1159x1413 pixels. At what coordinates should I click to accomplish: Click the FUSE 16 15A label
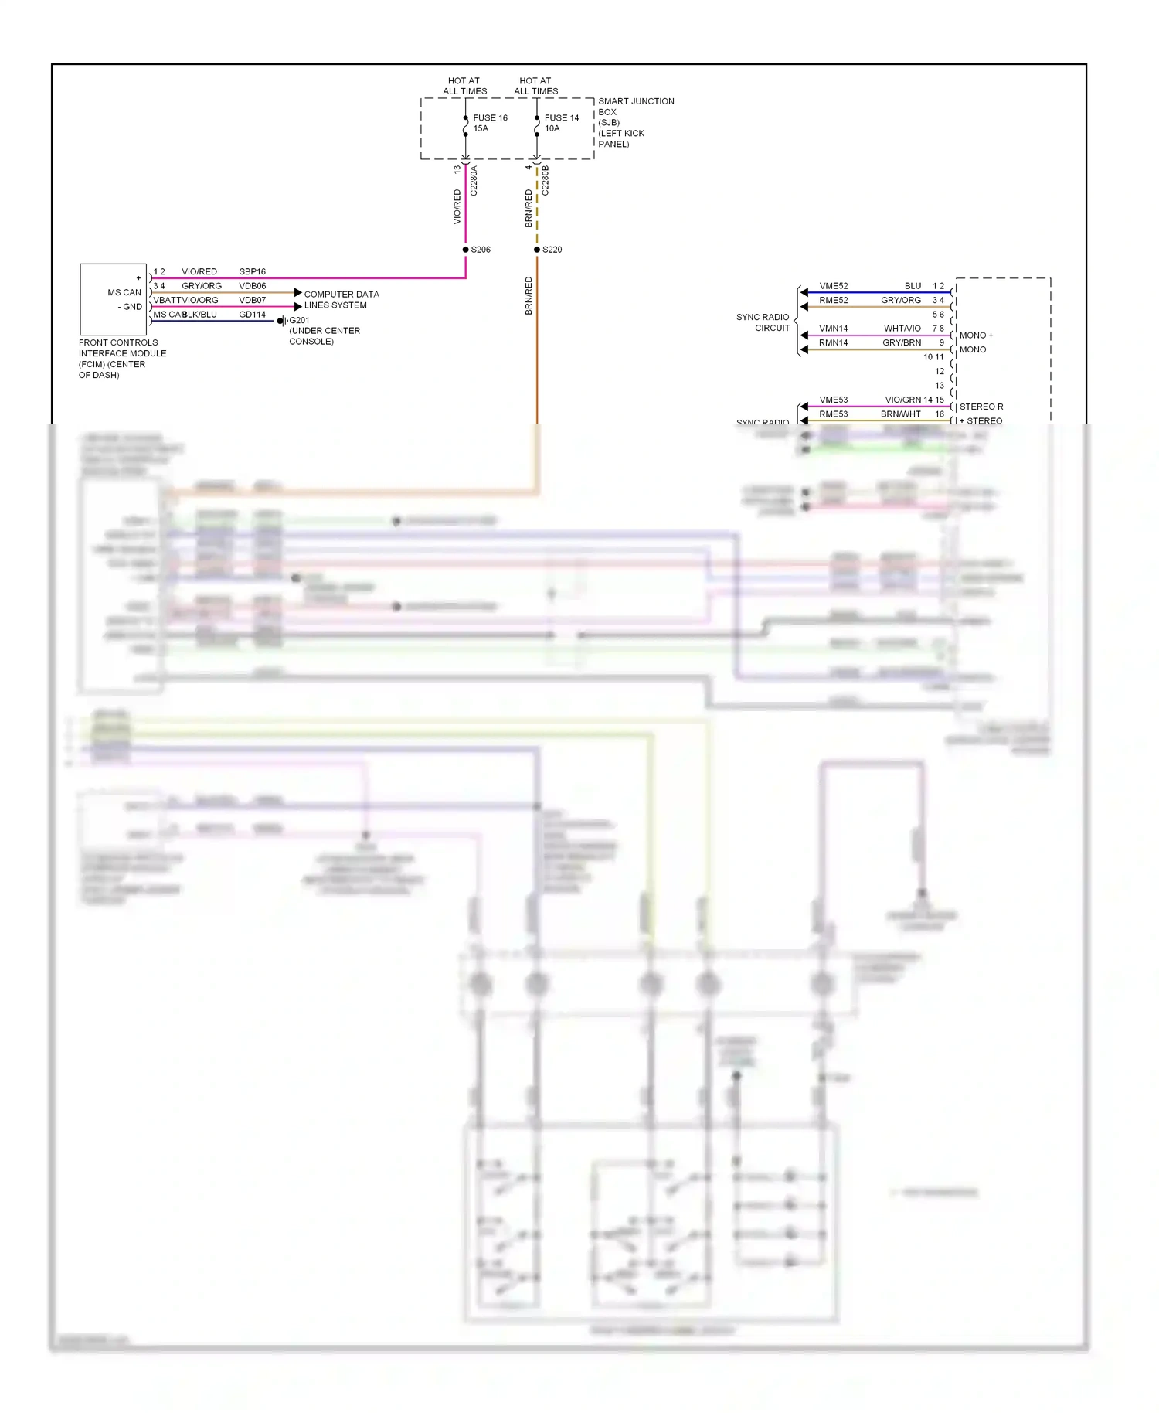pos(489,123)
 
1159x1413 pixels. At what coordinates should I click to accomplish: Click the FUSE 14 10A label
pos(561,123)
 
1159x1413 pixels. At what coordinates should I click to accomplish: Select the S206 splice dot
pos(465,250)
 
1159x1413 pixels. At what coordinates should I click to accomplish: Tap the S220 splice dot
pos(537,250)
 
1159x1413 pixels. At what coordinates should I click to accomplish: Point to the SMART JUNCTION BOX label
pos(635,122)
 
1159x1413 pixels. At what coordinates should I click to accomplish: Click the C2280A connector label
pos(474,180)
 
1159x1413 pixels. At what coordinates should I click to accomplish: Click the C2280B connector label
pos(546,180)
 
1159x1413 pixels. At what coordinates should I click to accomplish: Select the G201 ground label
pos(299,320)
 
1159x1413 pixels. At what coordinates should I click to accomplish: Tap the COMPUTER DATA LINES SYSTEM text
pos(341,300)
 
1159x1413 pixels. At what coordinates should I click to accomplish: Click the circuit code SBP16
pos(252,271)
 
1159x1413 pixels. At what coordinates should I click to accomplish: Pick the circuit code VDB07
pos(252,300)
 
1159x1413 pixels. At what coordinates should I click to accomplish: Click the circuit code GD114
pos(252,315)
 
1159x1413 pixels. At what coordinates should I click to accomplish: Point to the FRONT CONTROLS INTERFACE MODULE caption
pos(122,359)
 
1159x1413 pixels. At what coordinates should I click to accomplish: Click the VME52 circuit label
pos(833,286)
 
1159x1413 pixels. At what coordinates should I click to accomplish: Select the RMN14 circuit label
pos(833,342)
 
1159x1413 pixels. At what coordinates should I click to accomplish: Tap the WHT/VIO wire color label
pos(902,329)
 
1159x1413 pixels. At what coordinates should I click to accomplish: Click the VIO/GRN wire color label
pos(902,400)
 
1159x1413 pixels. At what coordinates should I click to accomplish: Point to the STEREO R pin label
pos(981,407)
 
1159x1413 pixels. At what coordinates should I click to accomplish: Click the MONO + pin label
pos(976,335)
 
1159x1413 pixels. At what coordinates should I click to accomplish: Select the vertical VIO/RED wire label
pos(457,207)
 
